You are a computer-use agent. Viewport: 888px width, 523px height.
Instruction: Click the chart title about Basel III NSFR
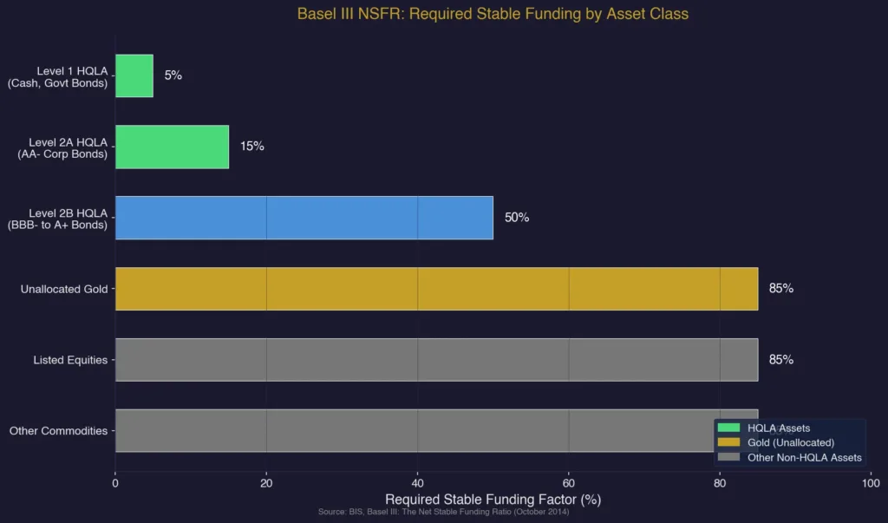(493, 14)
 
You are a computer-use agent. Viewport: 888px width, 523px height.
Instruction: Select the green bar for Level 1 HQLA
(134, 75)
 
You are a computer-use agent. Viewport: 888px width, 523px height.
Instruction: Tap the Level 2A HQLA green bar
(172, 147)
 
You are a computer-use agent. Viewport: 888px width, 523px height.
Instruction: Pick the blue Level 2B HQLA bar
(304, 218)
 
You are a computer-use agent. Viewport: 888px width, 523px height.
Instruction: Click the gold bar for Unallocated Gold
(436, 289)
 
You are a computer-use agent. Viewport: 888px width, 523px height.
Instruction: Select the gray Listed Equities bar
(436, 360)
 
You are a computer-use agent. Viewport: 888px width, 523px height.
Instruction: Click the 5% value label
(173, 75)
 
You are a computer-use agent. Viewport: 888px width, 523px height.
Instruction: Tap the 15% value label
(251, 147)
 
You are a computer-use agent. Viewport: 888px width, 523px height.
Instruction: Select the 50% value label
(517, 218)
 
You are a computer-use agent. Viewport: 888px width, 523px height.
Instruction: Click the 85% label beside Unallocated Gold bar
(780, 289)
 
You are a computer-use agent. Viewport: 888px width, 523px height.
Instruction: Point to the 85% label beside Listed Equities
(780, 360)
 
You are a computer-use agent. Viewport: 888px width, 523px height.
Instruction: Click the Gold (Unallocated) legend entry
(790, 443)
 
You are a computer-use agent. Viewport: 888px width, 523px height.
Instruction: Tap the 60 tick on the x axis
(569, 483)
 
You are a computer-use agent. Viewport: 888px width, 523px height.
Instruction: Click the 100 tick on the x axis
(871, 483)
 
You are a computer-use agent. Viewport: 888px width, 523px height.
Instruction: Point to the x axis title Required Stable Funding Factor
(493, 500)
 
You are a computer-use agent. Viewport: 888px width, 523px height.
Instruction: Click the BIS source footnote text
(443, 513)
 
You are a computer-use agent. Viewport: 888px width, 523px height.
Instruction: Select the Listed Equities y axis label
(70, 360)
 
